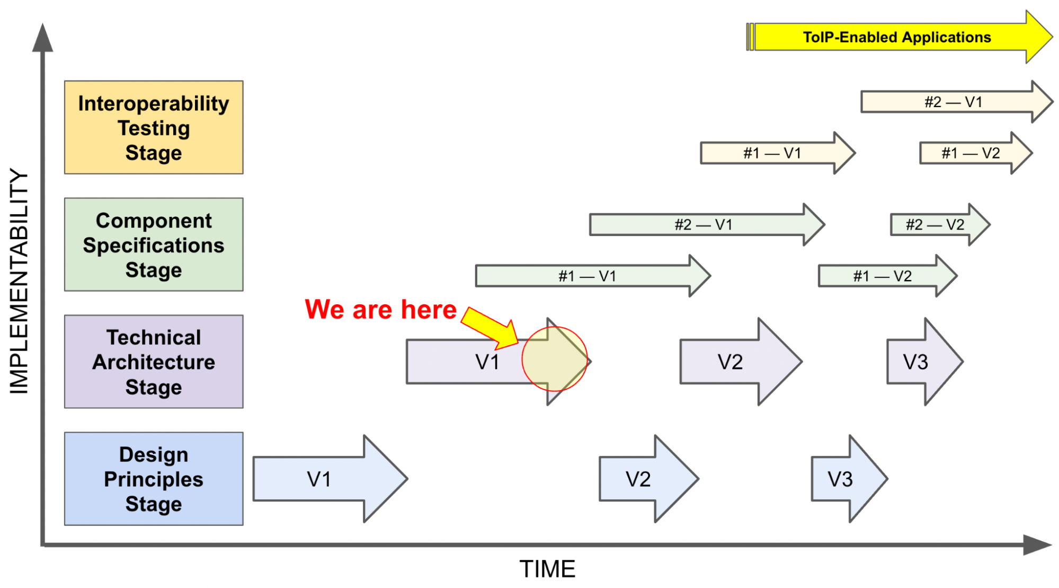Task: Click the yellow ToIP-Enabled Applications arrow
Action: coord(899,37)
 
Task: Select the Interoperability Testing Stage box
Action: coord(154,127)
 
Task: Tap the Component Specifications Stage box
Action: coord(154,244)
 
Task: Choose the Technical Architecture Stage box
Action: coord(154,362)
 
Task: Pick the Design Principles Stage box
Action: coord(154,479)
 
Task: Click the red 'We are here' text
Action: coord(380,309)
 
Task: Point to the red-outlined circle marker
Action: coord(555,359)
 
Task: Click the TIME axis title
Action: coord(547,569)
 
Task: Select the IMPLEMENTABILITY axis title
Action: coord(19,281)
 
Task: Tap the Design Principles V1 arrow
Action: coord(330,479)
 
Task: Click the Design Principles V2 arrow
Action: coord(649,479)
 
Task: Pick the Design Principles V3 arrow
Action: coord(849,479)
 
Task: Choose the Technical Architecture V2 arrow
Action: coord(741,362)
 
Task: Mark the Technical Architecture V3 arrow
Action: coord(925,362)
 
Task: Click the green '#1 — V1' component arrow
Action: coord(593,276)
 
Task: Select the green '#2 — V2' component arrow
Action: coord(940,224)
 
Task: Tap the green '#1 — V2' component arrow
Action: coord(888,276)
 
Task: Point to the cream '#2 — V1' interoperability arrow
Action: coord(957,101)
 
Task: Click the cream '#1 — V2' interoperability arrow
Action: coord(976,153)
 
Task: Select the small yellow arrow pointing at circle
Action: coord(490,328)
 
